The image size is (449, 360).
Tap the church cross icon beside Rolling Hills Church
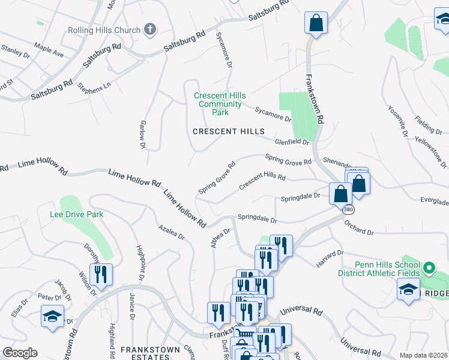149,29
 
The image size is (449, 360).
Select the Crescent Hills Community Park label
220,104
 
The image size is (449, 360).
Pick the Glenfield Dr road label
292,142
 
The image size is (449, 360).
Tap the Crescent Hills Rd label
262,181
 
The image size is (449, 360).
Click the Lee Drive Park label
77,214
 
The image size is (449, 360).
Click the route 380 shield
348,210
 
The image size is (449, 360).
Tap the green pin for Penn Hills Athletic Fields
429,268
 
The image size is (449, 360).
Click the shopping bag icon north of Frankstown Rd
315,24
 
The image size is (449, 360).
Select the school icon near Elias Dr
52,316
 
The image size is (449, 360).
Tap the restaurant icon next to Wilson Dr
101,275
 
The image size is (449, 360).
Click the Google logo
20,353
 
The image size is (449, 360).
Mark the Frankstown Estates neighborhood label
145,349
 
